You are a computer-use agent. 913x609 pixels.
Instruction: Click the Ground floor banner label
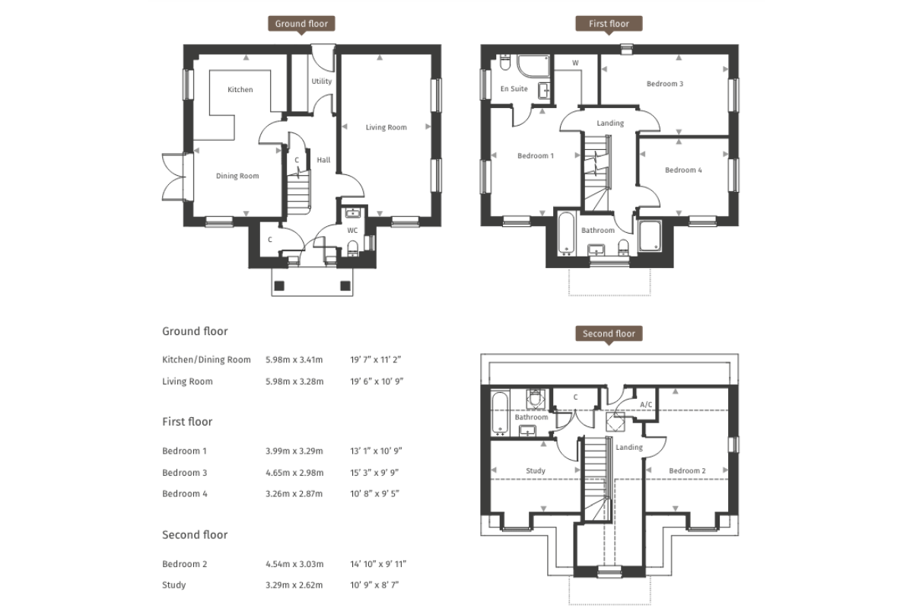[301, 24]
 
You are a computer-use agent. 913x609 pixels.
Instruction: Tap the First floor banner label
[609, 24]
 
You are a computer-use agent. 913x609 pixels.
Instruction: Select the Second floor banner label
[608, 333]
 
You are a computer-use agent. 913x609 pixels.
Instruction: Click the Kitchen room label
[240, 90]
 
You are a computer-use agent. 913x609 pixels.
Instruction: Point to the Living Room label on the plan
[387, 127]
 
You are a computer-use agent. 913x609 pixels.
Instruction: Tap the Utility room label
[322, 81]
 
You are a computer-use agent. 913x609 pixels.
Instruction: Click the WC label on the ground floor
[352, 230]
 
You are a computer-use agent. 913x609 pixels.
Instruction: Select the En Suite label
[514, 89]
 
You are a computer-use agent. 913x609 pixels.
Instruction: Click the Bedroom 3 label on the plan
[664, 84]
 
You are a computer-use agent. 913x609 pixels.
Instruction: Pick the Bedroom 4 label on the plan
[683, 170]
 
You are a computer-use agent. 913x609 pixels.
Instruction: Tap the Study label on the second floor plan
[536, 470]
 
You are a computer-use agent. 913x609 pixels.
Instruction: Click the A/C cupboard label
[647, 404]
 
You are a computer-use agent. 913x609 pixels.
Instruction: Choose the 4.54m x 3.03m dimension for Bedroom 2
[294, 564]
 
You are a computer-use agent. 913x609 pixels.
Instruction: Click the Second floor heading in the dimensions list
[195, 534]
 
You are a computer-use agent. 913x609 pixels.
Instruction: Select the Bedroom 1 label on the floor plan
[536, 156]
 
